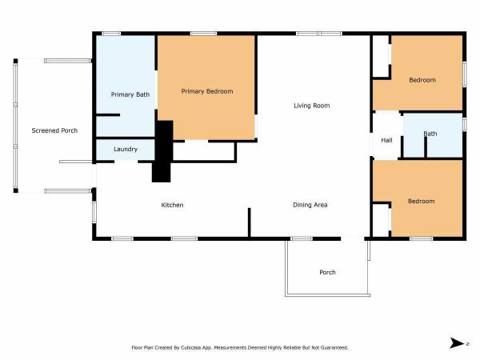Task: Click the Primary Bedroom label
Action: coord(207,91)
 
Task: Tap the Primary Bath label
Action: coord(130,94)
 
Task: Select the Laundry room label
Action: coord(126,149)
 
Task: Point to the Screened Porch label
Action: coord(54,130)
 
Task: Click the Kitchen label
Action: coord(172,205)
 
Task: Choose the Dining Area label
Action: coord(310,205)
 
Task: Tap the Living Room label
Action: coord(312,106)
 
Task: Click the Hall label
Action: coord(386,140)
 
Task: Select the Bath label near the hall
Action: coord(430,134)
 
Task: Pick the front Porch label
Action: coord(327,272)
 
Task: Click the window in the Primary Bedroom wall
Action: coord(203,34)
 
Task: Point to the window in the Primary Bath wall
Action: coord(111,34)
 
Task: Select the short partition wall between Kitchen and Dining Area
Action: coord(249,222)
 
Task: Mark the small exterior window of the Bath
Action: coord(464,125)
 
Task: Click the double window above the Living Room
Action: coord(319,34)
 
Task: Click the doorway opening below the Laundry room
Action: coord(126,162)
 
